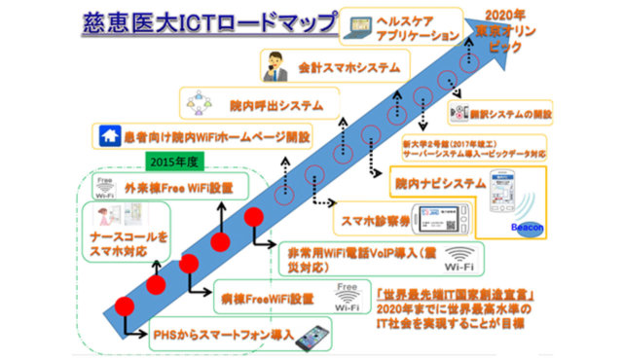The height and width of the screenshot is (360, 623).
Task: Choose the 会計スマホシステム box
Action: pos(336,68)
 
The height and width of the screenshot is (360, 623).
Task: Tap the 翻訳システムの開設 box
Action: pos(513,114)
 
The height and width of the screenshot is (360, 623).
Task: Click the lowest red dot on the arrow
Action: pos(124,305)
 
